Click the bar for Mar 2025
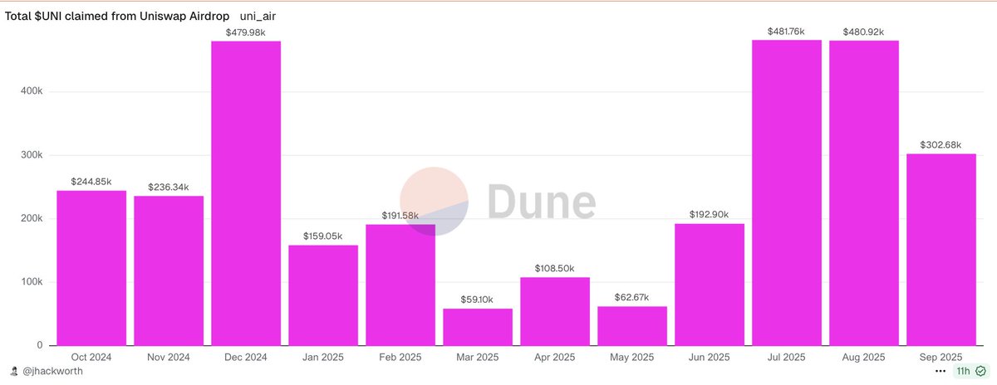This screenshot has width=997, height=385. pos(478,327)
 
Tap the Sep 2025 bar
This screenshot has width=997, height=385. pos(941,250)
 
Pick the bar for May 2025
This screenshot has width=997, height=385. pos(632,326)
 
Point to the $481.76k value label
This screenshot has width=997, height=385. pos(787,32)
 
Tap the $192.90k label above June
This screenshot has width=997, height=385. pos(710,215)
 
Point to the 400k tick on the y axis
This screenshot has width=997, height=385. pos(32,92)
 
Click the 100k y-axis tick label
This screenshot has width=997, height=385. pos(32,282)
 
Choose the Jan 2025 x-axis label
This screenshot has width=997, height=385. pos(323,357)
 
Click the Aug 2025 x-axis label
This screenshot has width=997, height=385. pos(864,357)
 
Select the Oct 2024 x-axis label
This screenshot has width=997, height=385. pos(91,357)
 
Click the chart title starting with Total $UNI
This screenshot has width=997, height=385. pos(118,16)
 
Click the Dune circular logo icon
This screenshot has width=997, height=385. pos(435,202)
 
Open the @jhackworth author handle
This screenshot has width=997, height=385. pos(52,372)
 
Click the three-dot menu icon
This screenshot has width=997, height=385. pos(941,372)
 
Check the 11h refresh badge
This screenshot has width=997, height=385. pos(970,372)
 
